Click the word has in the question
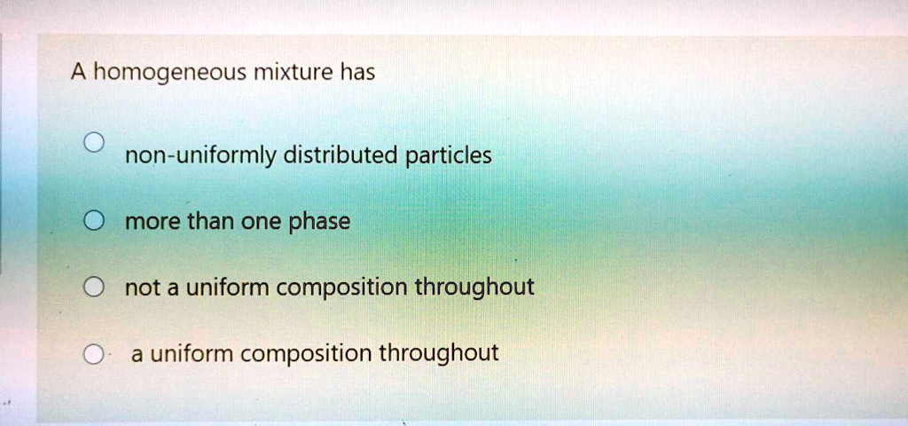coord(357,72)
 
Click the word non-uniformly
coord(200,157)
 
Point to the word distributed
coord(340,156)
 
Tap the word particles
coord(448,156)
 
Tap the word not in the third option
coord(139,288)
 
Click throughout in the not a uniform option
coord(475,288)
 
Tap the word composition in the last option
coord(307,355)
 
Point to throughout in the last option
coord(439,354)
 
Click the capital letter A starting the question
coord(79,72)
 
